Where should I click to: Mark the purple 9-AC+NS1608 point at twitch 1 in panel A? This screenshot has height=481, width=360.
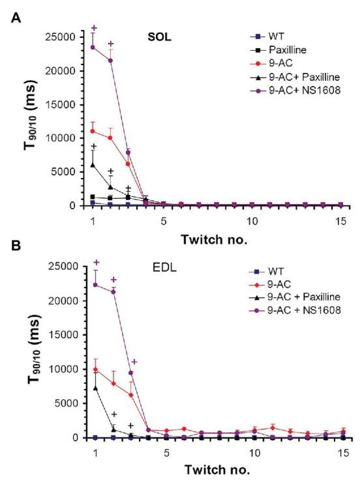[x=93, y=47]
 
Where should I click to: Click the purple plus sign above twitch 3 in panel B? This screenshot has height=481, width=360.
[x=134, y=362]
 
